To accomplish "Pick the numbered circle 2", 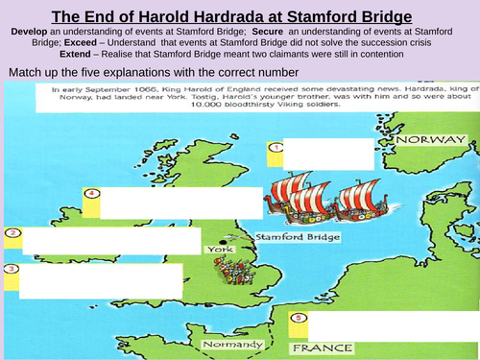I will pyautogui.click(x=12, y=232).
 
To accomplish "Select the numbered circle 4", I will pyautogui.click(x=92, y=194).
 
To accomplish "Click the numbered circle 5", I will pyautogui.click(x=299, y=318).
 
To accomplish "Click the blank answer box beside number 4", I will pyautogui.click(x=180, y=203).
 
